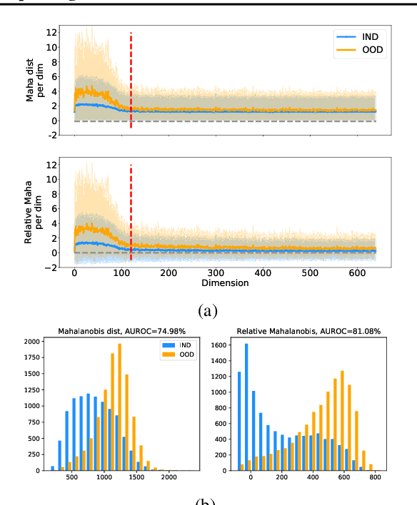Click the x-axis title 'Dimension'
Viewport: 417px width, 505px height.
click(225, 282)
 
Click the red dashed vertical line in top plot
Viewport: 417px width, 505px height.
click(131, 78)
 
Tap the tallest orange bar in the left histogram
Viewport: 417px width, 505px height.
click(119, 407)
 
